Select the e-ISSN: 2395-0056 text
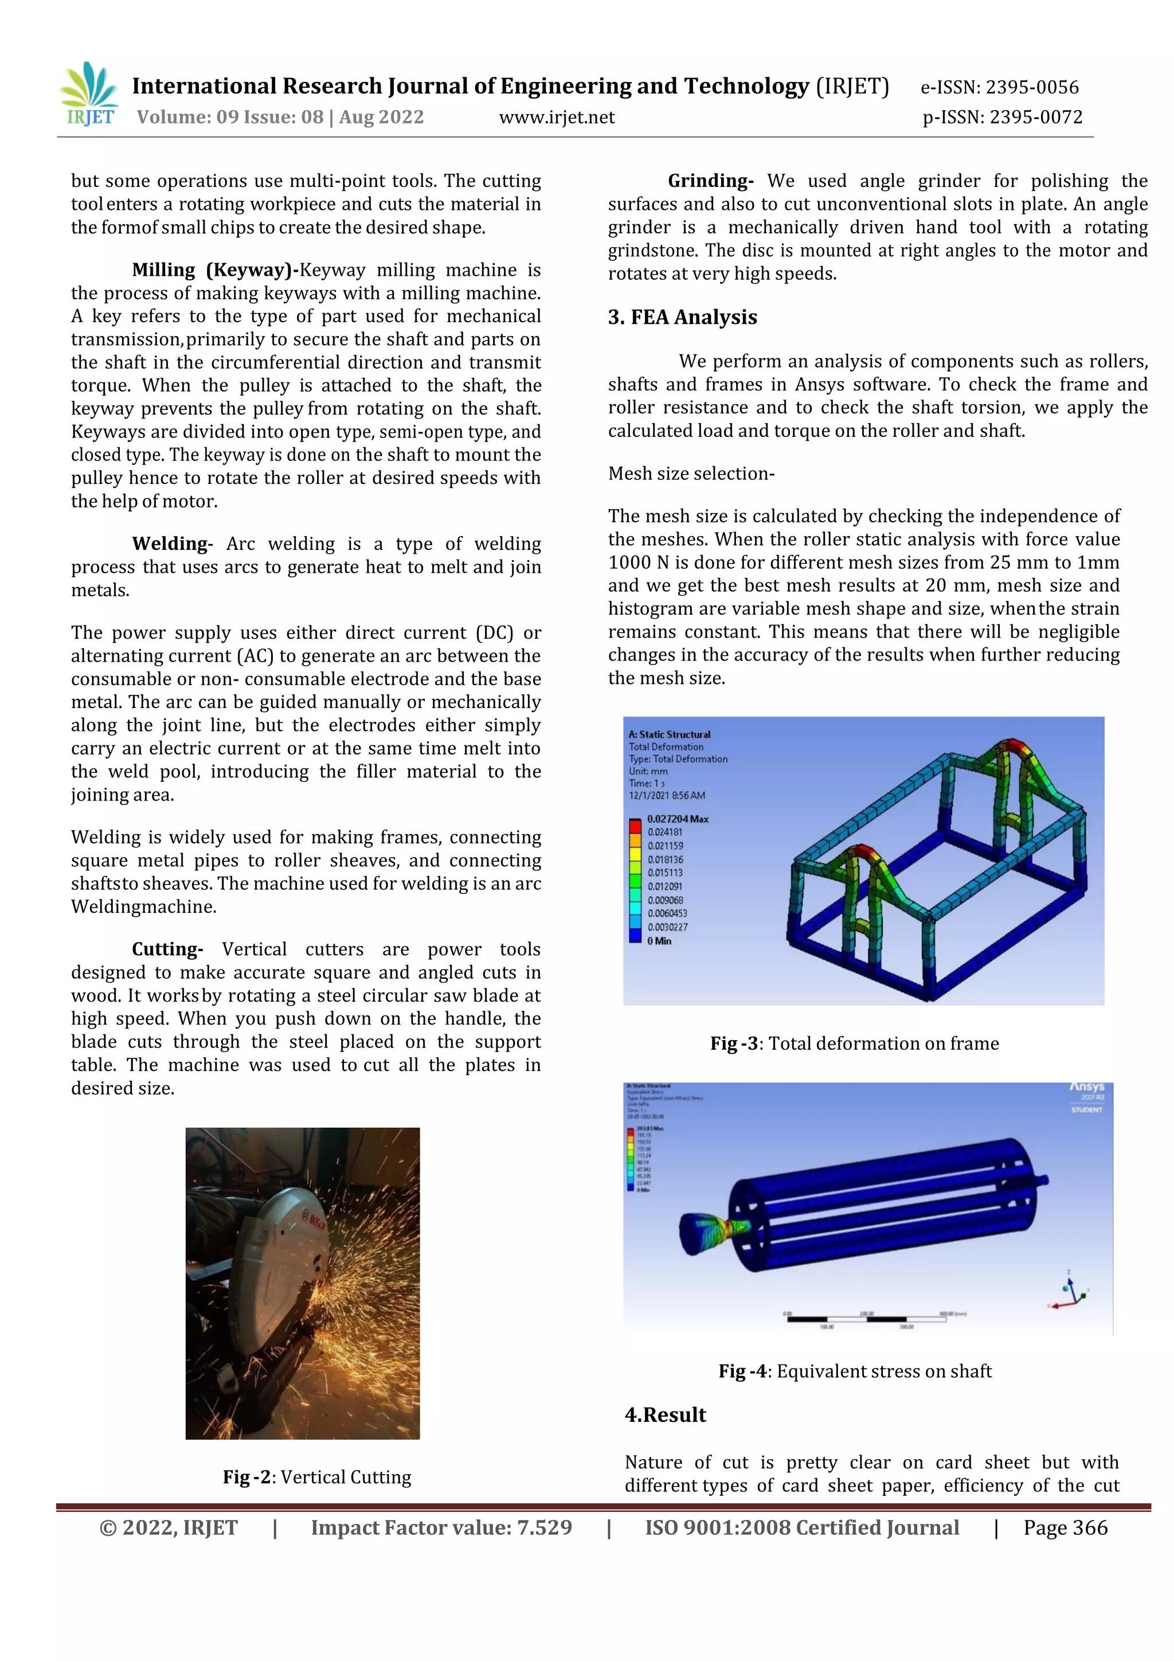click(999, 88)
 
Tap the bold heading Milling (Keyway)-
click(215, 270)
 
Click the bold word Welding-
click(171, 544)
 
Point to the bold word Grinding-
click(710, 181)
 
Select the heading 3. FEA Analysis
click(682, 317)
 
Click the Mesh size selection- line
click(691, 473)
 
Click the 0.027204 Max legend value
click(677, 819)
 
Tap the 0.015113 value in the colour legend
click(665, 873)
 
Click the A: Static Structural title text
click(669, 734)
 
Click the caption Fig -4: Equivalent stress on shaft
click(854, 1371)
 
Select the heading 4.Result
click(665, 1415)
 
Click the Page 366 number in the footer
click(1065, 1528)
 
